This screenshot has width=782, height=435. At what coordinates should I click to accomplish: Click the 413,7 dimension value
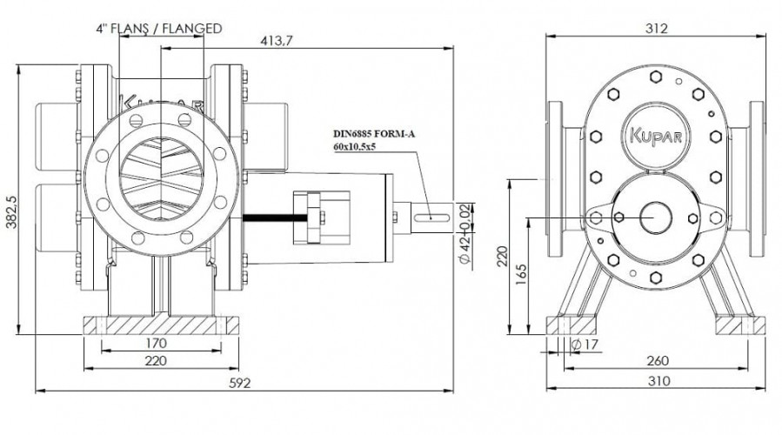(277, 41)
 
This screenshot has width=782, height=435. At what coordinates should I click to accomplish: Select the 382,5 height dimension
(11, 211)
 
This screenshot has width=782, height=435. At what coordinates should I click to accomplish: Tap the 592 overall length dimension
(240, 383)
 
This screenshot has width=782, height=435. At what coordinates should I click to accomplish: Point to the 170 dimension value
(156, 343)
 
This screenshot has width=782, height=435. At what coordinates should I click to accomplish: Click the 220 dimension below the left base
(156, 360)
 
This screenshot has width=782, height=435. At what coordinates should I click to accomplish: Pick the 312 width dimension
(657, 29)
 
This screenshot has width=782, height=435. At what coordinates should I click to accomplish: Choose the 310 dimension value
(658, 381)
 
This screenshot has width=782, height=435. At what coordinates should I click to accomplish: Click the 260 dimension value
(658, 360)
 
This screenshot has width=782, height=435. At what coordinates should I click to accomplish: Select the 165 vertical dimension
(520, 275)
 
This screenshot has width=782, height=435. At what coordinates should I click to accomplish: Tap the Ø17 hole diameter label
(584, 345)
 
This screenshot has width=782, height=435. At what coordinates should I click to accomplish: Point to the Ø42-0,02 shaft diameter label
(465, 235)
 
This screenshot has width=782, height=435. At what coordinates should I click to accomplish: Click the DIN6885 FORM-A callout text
(374, 134)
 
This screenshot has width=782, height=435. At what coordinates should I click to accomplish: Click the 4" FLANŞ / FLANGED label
(159, 29)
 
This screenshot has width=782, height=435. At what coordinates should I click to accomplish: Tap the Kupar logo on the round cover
(656, 136)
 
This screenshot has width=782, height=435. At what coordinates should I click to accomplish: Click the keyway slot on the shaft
(431, 217)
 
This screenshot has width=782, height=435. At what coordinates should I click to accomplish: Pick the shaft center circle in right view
(655, 217)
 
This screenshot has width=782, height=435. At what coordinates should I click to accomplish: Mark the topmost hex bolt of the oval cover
(656, 77)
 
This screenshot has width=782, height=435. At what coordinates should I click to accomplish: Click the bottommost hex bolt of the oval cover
(656, 277)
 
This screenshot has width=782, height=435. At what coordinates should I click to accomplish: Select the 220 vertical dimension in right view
(502, 257)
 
